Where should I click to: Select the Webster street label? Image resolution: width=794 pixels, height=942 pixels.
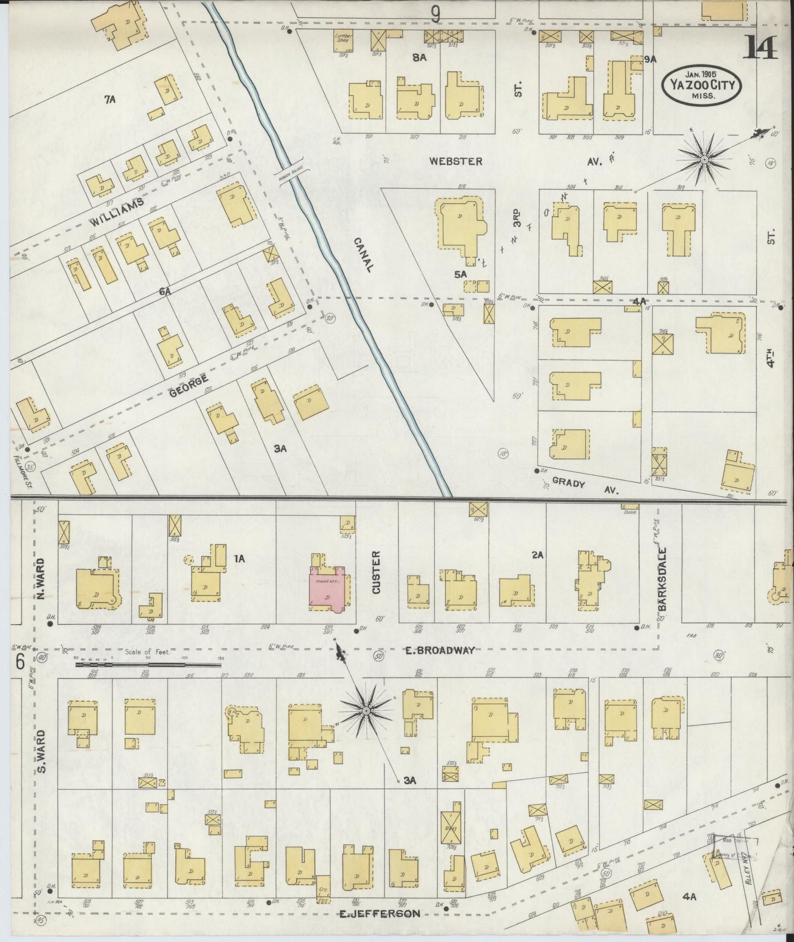[456, 161]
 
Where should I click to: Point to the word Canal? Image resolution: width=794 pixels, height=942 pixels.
[363, 254]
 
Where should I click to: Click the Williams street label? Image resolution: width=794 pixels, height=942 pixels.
[117, 212]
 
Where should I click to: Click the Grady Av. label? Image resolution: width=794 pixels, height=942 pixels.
[585, 486]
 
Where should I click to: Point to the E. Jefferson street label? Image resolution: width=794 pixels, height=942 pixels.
[379, 913]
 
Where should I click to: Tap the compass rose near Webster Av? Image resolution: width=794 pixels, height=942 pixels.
[704, 159]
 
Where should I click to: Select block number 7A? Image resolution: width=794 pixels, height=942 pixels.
[110, 99]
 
